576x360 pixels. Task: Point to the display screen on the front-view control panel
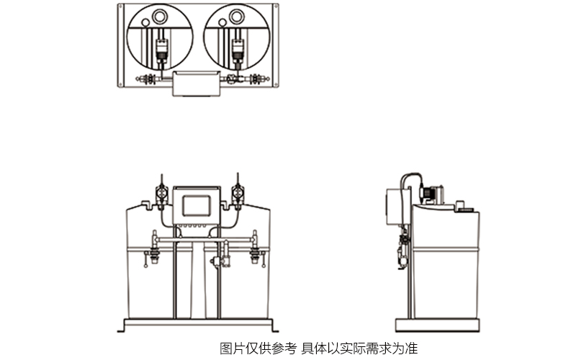tap(198, 204)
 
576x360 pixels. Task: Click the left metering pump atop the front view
tap(161, 193)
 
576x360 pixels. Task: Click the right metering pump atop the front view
tap(235, 193)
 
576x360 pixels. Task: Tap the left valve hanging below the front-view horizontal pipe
tap(153, 253)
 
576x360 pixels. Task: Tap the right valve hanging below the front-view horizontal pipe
tap(253, 253)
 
